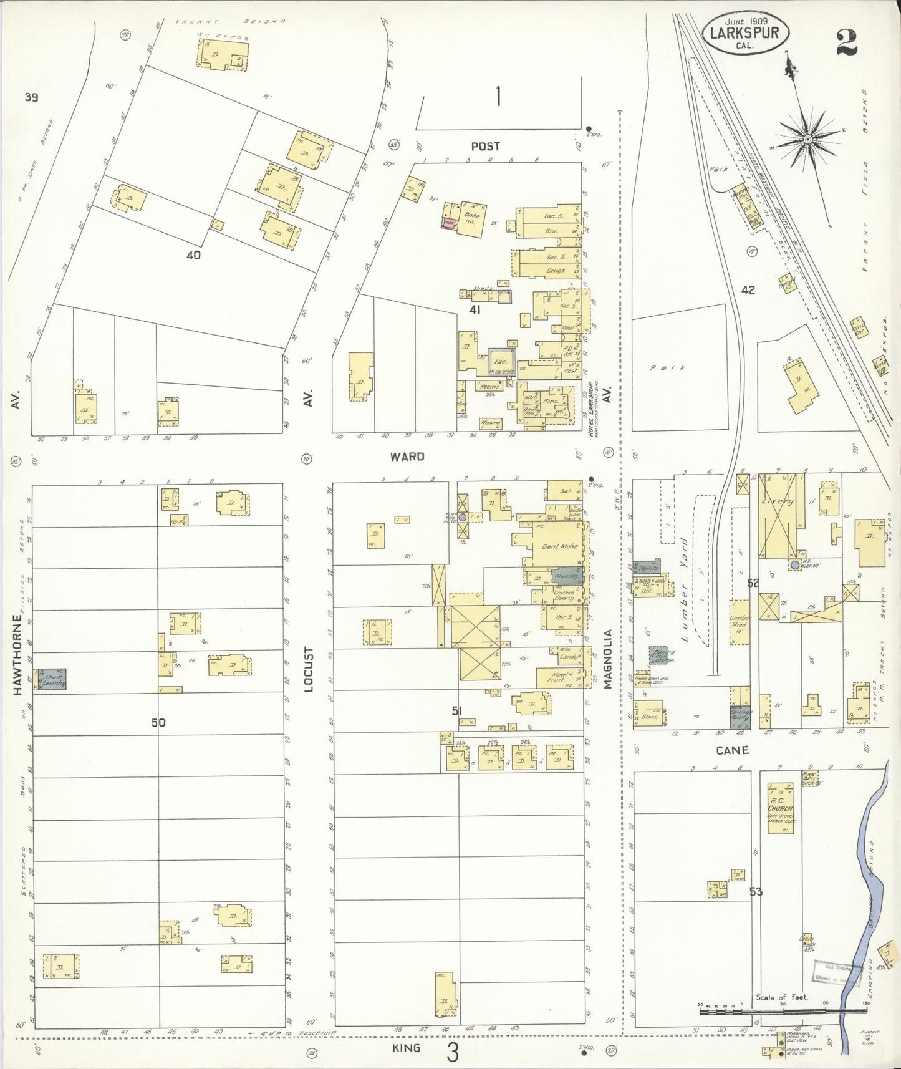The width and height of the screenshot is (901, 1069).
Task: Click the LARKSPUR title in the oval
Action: pos(748,32)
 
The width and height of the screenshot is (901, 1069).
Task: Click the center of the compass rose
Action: pos(807,137)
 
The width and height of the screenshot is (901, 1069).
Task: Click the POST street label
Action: pos(485,146)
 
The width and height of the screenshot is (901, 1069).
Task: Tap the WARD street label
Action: pos(407,457)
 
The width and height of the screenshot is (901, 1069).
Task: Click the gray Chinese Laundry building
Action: pos(54,679)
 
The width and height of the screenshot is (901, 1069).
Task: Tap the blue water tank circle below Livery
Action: pos(794,566)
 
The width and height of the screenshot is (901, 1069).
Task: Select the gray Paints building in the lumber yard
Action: pos(647,567)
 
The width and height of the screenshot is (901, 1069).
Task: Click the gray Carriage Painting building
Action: pos(740,717)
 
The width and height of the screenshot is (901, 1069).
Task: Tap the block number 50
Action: pos(158,723)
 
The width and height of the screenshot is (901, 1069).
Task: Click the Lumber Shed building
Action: pos(740,619)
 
